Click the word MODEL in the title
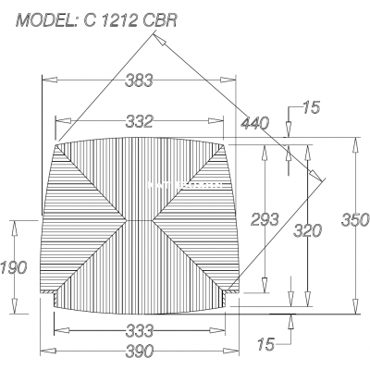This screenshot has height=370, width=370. point(45,20)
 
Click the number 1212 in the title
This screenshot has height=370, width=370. point(116,20)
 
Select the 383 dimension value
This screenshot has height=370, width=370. point(139,80)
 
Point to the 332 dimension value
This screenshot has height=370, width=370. point(139,121)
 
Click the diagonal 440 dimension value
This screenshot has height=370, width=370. point(254,123)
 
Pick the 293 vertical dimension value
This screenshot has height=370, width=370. point(265,219)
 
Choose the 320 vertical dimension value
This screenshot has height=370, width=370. point(307,230)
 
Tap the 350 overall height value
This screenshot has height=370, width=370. point(355,220)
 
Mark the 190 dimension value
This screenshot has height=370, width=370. point(14,267)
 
